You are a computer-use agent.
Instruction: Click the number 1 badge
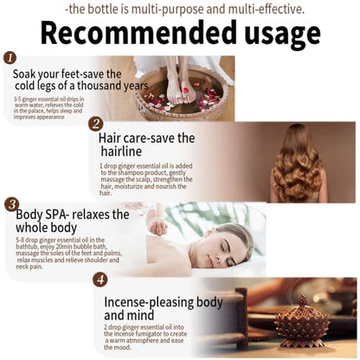[x=10, y=58]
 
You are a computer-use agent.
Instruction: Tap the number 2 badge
[x=96, y=124]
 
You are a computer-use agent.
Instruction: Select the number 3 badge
[x=10, y=204]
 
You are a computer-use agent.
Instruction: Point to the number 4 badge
[x=100, y=280]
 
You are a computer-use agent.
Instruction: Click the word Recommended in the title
[x=132, y=33]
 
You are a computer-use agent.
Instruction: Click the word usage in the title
[x=273, y=33]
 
